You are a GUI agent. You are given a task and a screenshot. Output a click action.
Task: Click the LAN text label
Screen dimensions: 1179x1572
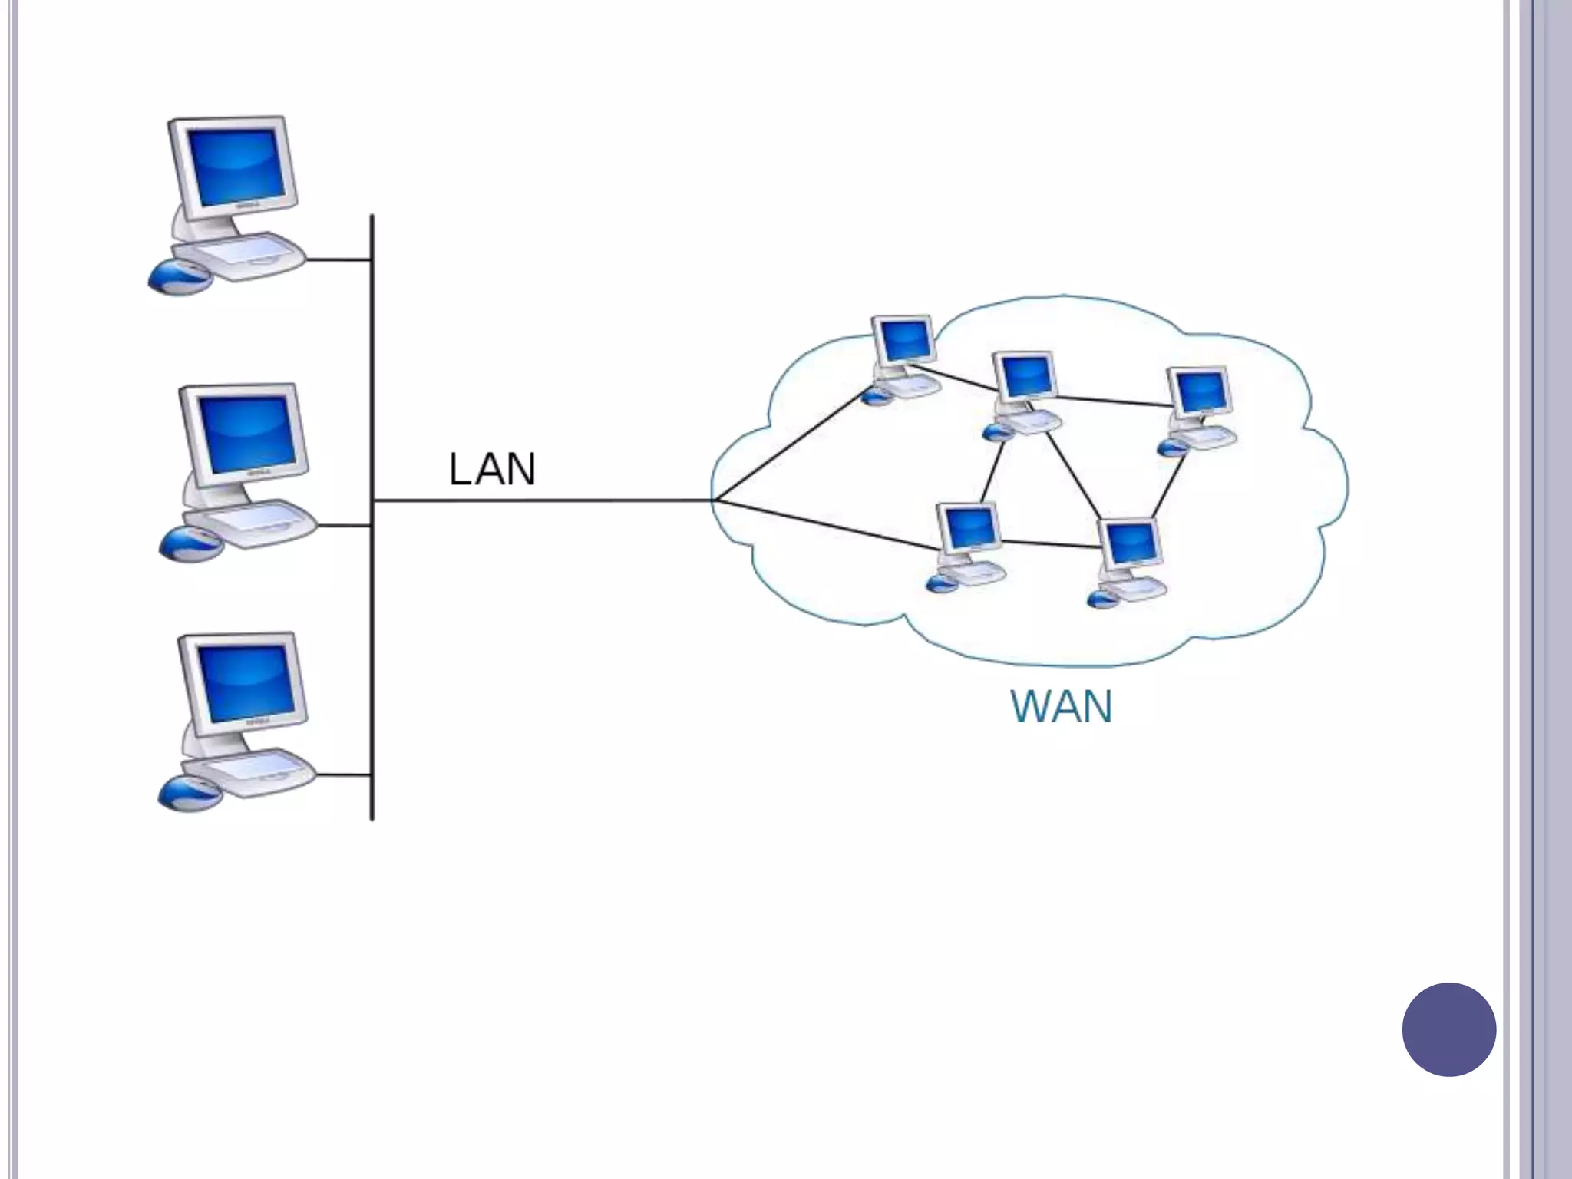click(491, 469)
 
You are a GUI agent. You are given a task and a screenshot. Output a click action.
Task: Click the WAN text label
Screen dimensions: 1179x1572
click(1061, 707)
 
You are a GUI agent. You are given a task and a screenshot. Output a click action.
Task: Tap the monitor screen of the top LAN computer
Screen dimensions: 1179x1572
click(233, 168)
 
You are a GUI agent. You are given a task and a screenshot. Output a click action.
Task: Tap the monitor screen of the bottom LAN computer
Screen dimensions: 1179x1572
click(244, 683)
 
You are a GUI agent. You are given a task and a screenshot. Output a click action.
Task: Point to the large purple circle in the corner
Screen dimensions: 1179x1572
click(1448, 1029)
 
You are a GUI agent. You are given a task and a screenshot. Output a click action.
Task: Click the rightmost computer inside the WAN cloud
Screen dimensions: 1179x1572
click(1200, 407)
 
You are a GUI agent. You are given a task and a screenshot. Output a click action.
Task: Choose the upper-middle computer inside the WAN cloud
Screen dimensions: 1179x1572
click(1025, 391)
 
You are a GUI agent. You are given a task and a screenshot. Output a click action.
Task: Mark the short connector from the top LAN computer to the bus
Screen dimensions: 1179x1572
click(339, 259)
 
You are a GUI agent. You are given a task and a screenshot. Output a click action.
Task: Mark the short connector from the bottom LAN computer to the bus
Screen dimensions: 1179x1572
click(344, 775)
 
